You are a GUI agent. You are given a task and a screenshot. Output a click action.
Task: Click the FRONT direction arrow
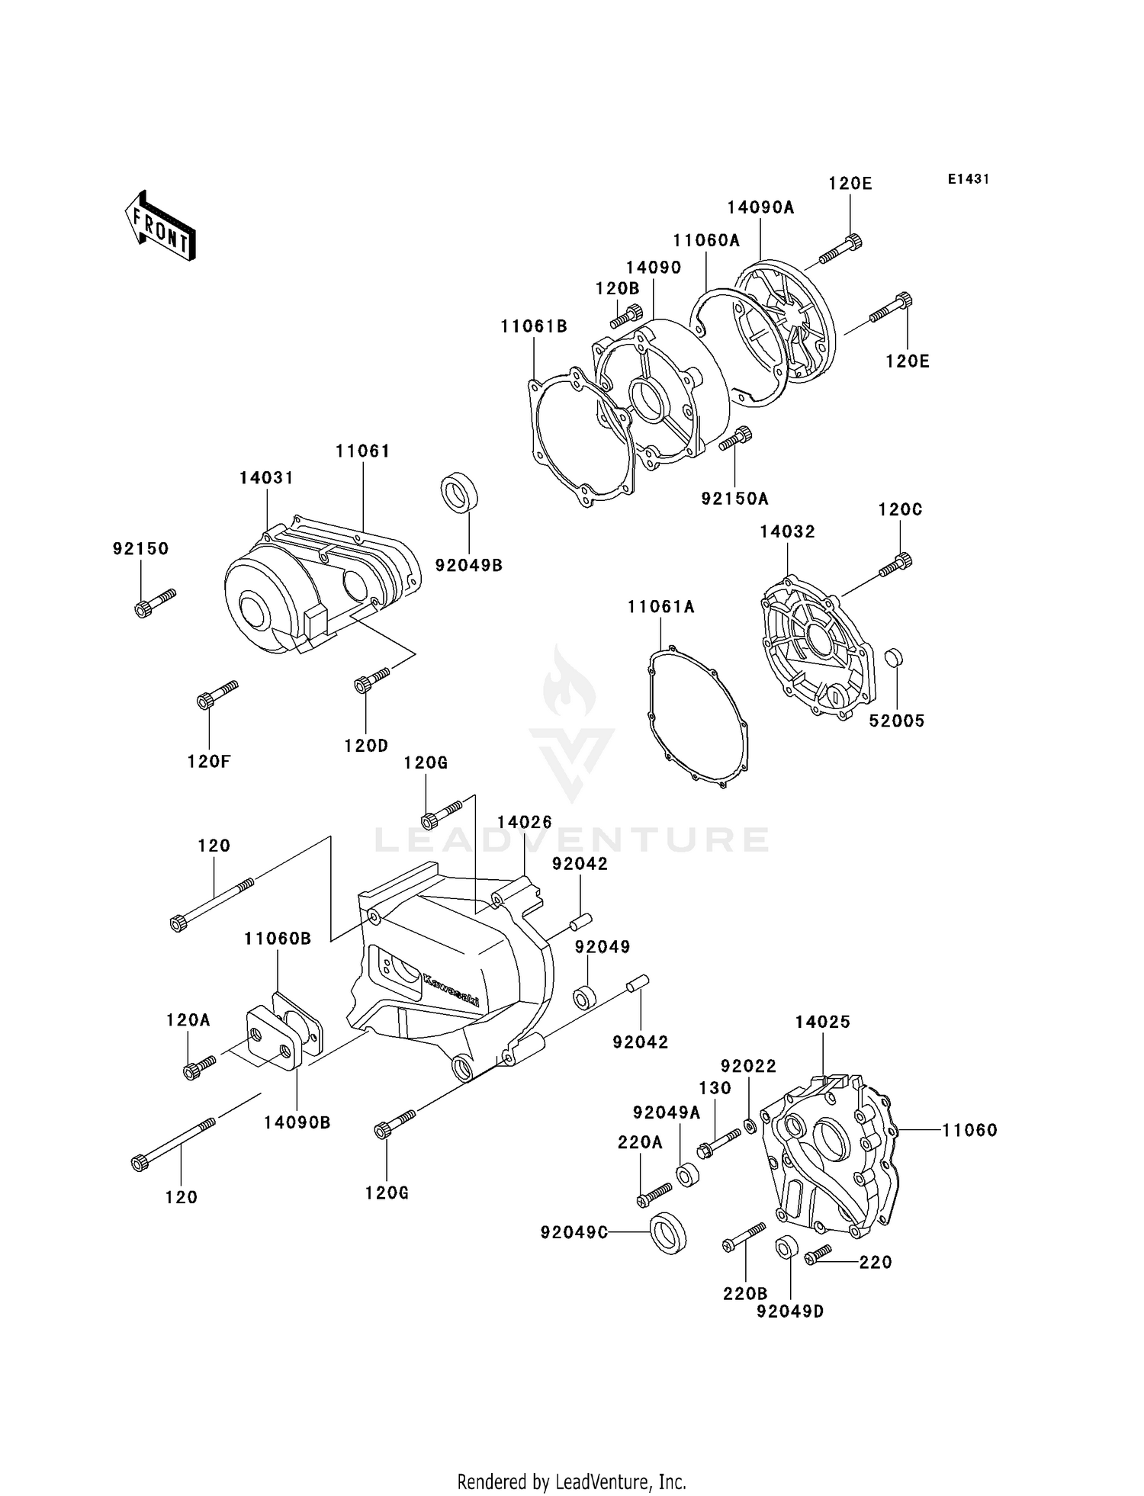pos(160,227)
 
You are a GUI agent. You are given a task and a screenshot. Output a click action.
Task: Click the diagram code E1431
pos(968,179)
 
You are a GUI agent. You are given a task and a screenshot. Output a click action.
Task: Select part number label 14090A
pos(760,207)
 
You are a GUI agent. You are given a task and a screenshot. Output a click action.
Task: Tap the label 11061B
pos(534,326)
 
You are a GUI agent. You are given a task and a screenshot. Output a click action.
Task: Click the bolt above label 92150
pos(154,602)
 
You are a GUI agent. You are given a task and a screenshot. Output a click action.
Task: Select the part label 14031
pos(266,477)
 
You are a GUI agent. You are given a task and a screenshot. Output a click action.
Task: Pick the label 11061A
pos(661,607)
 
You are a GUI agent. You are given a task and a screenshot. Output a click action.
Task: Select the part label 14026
pos(524,822)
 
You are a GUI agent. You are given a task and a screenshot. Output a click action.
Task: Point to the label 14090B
pos(297,1122)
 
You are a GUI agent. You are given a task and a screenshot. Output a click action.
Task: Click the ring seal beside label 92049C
pos(667,1232)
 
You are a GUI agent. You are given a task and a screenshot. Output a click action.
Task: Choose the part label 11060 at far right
pos(969,1130)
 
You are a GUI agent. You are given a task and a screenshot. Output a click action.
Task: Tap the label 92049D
pos(790,1311)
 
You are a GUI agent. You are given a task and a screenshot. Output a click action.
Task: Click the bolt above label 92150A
pos(734,438)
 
